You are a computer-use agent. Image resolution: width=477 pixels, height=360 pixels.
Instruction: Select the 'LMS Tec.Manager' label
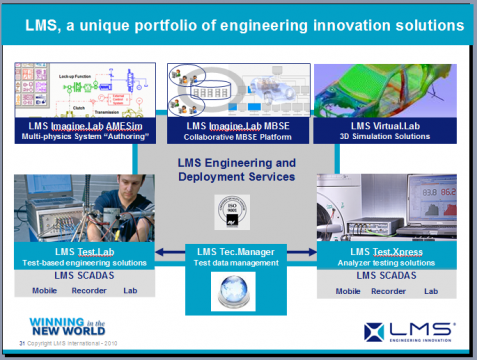pyautogui.click(x=236, y=250)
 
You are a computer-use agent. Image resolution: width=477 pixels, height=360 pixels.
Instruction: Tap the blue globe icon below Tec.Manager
pyautogui.click(x=237, y=290)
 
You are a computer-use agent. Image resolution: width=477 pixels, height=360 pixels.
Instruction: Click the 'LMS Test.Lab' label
pyautogui.click(x=84, y=252)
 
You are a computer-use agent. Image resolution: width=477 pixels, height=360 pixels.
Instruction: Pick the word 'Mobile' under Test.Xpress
pyautogui.click(x=347, y=292)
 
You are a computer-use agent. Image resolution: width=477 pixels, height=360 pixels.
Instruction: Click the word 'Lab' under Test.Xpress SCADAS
pyautogui.click(x=431, y=292)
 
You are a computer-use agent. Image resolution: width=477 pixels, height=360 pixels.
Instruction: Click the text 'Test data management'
pyautogui.click(x=236, y=263)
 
